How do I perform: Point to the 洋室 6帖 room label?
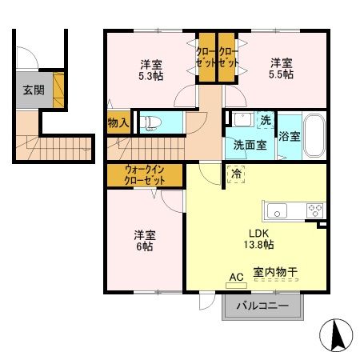point(144,240)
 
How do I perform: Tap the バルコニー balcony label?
point(263,306)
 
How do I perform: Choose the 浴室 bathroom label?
point(290,136)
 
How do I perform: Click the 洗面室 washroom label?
point(250,146)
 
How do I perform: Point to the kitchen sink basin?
point(278,211)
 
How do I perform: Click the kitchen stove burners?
point(314,211)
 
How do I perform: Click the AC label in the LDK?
point(236,277)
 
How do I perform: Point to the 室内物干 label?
point(276,273)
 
